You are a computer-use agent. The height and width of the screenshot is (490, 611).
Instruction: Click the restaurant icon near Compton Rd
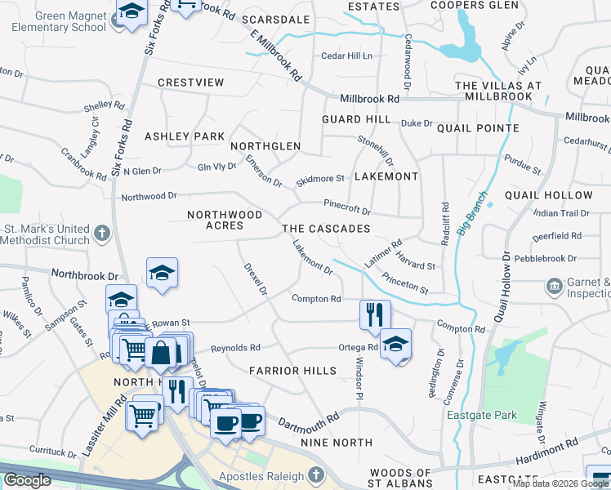(375, 314)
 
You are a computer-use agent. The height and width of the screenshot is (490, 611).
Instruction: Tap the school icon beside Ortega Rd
(396, 344)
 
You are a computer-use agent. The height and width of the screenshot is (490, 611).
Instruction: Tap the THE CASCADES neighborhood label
(326, 229)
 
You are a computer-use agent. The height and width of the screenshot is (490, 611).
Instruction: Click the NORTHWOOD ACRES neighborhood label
(225, 220)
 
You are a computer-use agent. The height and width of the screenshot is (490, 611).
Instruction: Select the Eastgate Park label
(482, 416)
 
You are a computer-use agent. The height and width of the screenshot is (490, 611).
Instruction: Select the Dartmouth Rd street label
(308, 422)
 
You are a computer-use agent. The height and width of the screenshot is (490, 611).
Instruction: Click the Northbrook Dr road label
(85, 275)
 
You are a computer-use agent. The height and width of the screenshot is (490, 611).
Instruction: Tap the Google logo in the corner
(27, 480)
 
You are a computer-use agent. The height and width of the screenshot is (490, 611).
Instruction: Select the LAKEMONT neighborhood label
(386, 176)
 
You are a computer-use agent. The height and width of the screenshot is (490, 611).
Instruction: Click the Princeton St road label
(405, 286)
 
